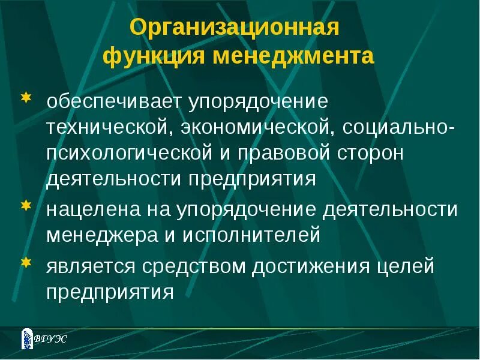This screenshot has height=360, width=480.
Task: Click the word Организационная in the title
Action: coord(235,28)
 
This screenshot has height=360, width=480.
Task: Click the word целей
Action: coord(404,266)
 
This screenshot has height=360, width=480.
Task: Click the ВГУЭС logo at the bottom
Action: coord(44,338)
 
